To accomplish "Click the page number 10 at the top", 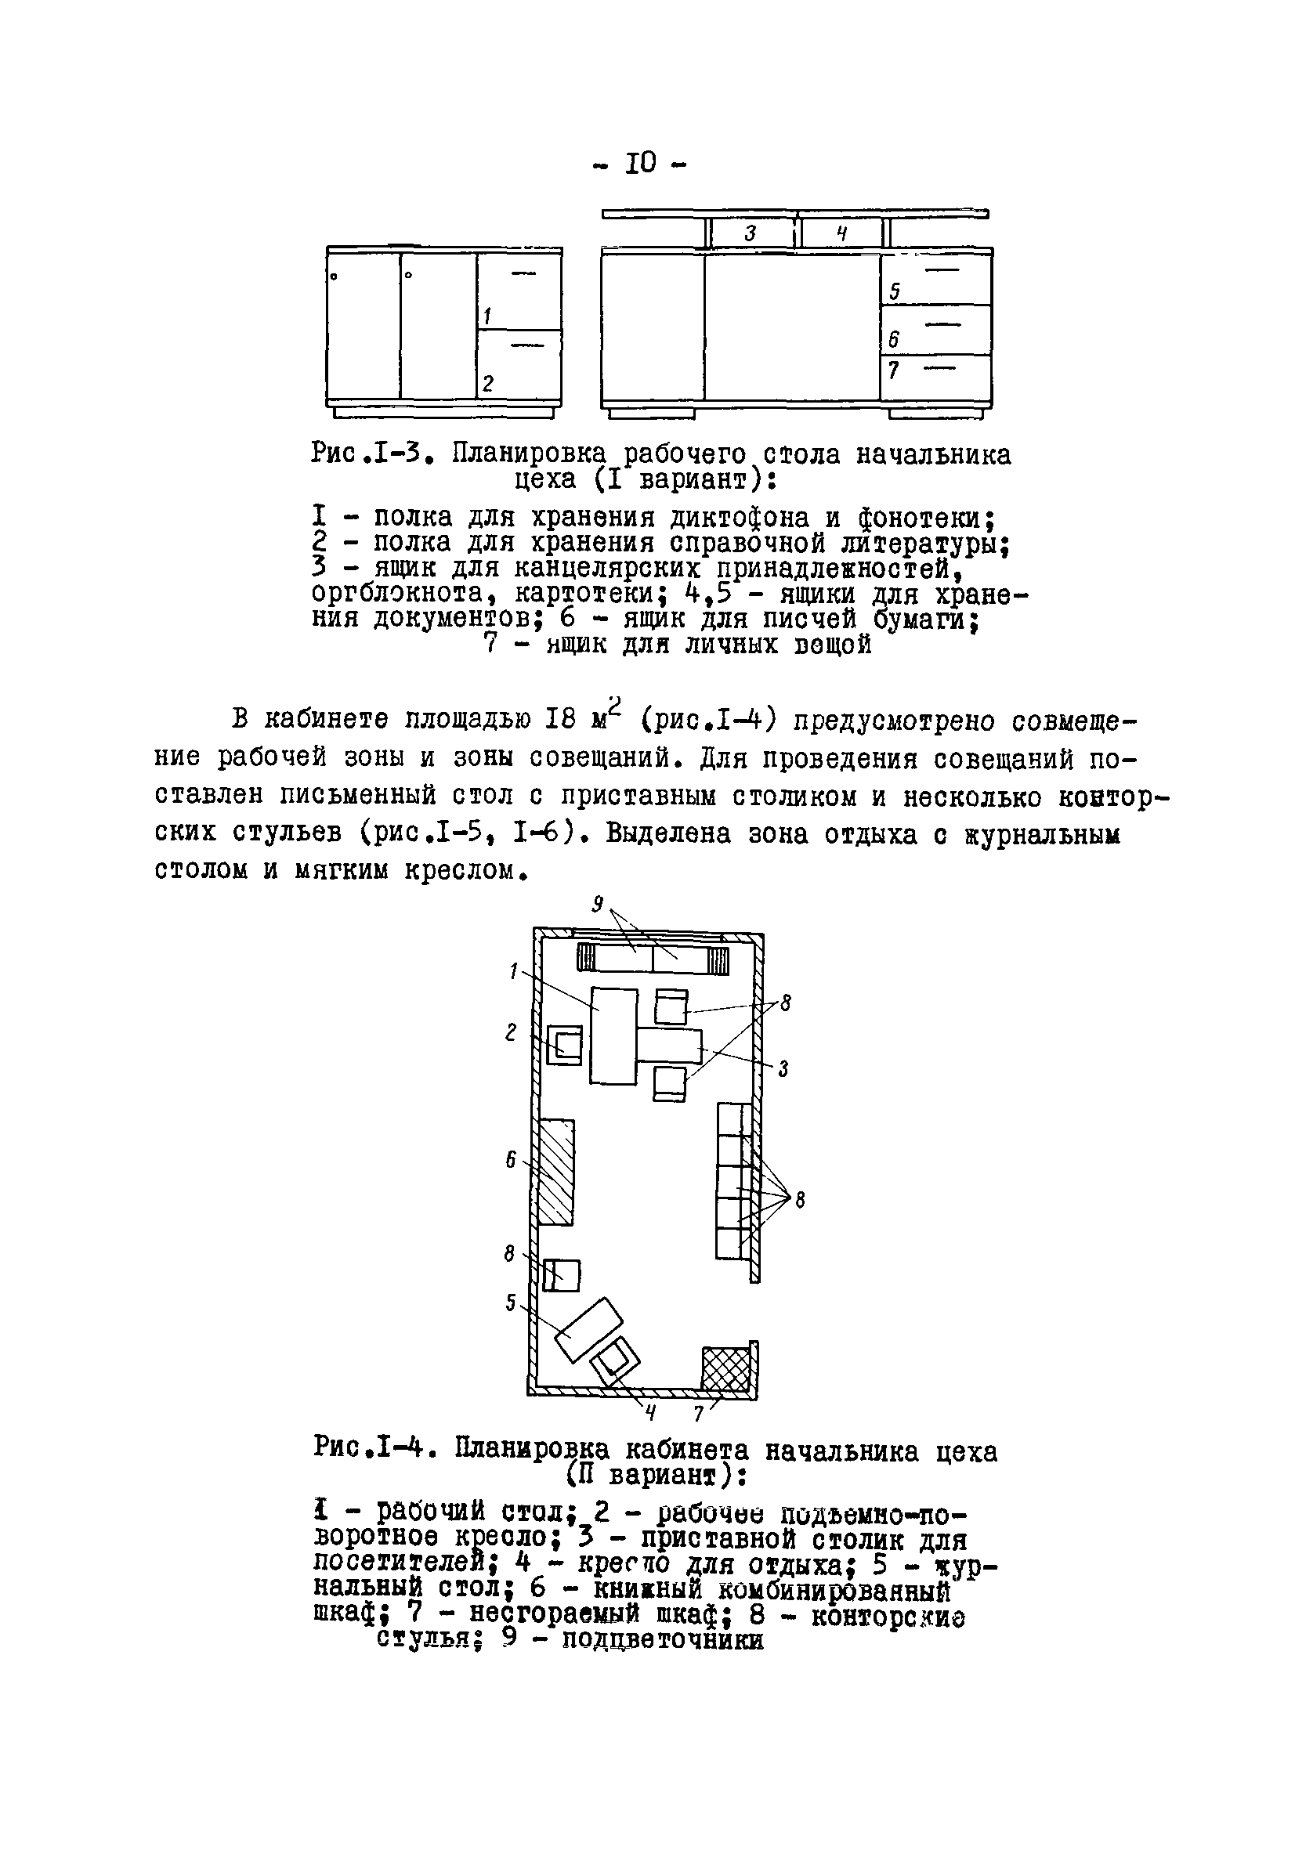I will (641, 164).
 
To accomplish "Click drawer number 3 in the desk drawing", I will (750, 233).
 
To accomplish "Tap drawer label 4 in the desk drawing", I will (841, 233).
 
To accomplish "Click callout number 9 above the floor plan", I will (598, 905).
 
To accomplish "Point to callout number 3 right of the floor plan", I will (783, 1069).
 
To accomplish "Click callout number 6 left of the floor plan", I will (511, 1160).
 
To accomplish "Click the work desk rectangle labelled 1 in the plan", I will (614, 1035).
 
